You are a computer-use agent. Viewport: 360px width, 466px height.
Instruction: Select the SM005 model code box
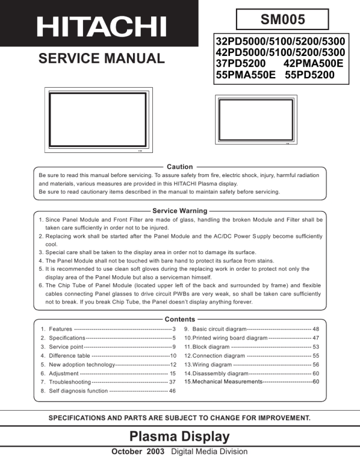[282, 19]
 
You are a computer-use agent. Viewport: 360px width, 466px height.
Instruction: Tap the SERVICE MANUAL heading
[101, 58]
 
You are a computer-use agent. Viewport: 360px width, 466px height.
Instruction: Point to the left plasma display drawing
[98, 119]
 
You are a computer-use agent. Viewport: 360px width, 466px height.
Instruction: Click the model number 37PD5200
[241, 64]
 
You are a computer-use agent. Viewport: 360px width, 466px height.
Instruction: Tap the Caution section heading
[179, 167]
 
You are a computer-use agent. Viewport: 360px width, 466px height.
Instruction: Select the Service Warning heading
[179, 211]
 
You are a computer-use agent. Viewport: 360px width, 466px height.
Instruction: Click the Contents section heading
[179, 319]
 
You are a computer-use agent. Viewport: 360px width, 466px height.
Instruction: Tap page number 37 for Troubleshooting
[172, 382]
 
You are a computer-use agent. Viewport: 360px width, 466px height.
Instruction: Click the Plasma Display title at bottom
[179, 437]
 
